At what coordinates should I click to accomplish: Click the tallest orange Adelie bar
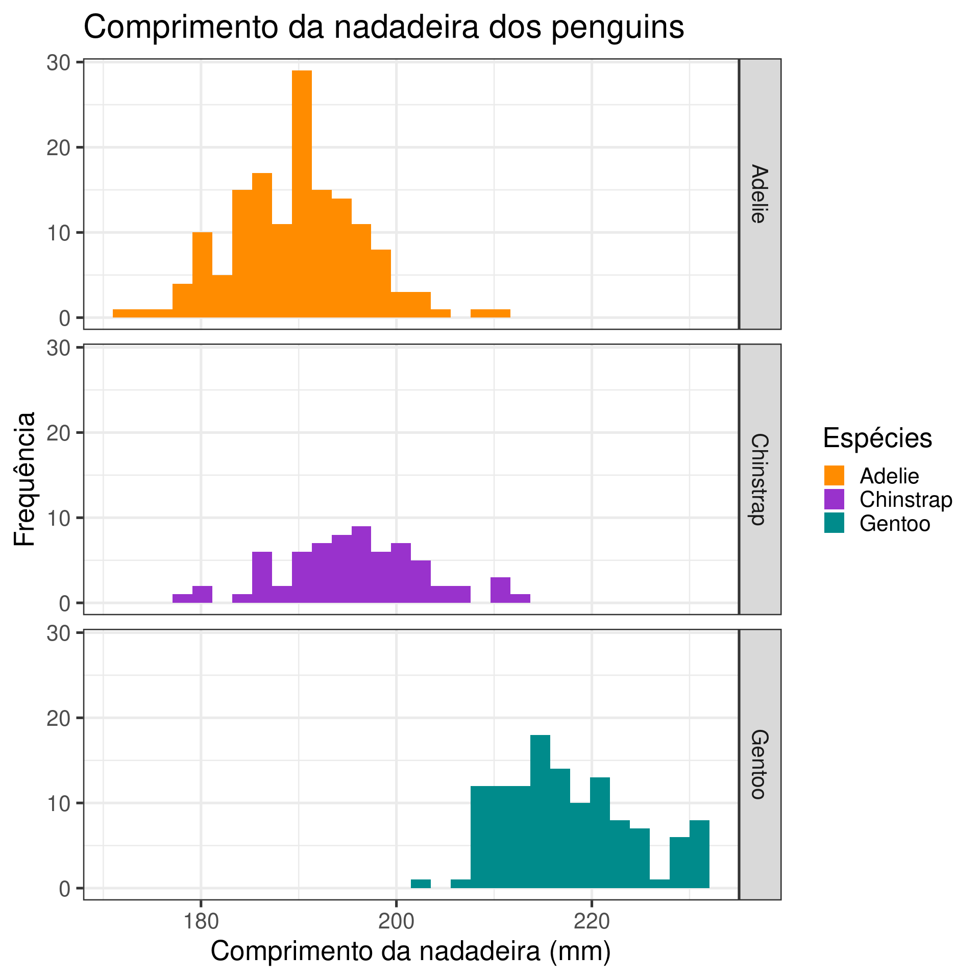point(302,194)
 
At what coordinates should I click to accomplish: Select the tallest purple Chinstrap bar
point(361,564)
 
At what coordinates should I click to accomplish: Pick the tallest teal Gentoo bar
point(540,811)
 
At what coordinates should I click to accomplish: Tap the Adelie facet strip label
point(759,194)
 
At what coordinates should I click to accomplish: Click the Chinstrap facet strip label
point(759,479)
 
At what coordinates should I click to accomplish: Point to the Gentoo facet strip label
point(759,764)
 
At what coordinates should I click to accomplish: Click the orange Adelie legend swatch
point(834,476)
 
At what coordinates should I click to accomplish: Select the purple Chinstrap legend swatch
point(834,499)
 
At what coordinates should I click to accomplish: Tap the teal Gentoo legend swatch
point(834,523)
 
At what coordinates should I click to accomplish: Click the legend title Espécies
point(877,438)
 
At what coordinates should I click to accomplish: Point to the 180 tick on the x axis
point(201,922)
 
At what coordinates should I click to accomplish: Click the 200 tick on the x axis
point(397,922)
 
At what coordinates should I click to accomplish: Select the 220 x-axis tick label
point(592,922)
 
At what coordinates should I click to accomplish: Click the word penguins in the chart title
point(618,28)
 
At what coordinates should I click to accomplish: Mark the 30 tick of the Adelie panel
point(58,63)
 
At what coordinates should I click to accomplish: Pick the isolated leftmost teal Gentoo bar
point(421,884)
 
